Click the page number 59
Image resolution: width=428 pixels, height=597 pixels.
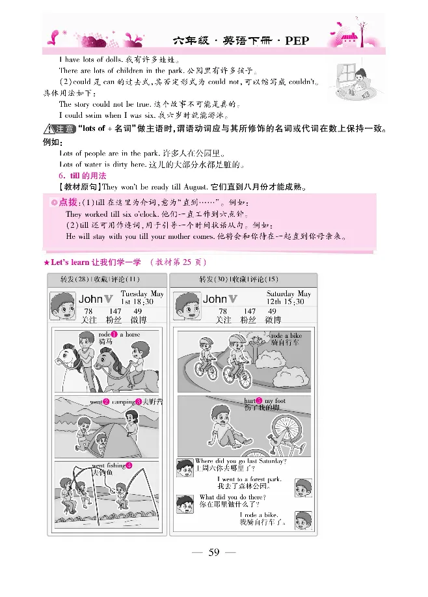tap(213, 553)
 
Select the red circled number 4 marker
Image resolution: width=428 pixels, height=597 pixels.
tap(129, 465)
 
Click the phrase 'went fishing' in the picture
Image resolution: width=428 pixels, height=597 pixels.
tap(108, 465)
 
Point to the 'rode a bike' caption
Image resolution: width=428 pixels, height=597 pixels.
tap(286, 335)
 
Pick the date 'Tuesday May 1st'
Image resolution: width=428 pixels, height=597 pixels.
tap(142, 298)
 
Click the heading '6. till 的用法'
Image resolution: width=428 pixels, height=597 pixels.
tap(83, 176)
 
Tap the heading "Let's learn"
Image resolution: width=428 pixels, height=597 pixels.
tap(71, 262)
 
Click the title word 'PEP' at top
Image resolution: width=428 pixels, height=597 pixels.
tap(296, 40)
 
